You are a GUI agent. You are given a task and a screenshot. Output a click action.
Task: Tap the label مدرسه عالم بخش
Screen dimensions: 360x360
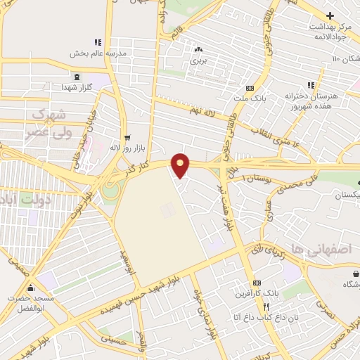pos(97,53)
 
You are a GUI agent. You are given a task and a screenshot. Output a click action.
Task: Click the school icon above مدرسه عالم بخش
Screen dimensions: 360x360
pos(98,42)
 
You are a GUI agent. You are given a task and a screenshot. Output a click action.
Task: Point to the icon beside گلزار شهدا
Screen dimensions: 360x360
pos(75,76)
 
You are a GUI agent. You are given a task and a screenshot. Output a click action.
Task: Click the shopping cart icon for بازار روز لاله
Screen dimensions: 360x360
pos(127,138)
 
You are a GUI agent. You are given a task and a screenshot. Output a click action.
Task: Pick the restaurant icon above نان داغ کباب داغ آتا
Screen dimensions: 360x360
pos(266,307)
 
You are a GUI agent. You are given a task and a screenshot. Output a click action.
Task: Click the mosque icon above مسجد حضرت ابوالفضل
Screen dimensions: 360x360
pos(30,287)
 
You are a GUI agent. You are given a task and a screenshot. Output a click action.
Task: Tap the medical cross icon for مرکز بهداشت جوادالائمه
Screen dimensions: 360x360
pos(330,15)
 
